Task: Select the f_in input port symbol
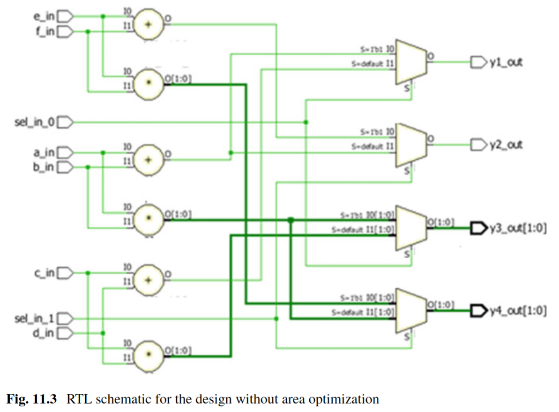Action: pos(65,31)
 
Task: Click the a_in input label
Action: pos(45,153)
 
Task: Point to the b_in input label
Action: pos(45,167)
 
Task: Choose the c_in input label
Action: pos(45,272)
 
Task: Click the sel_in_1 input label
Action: pos(35,319)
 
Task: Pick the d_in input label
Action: pos(45,333)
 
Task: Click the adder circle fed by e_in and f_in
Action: pos(148,25)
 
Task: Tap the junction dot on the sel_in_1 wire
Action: pos(276,319)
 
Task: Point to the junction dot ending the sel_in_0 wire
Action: pos(306,122)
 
